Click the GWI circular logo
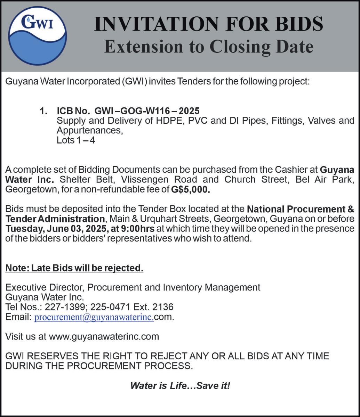(x=38, y=35)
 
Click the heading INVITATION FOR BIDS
(x=208, y=24)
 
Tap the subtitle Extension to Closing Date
(x=208, y=47)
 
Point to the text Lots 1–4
(x=76, y=140)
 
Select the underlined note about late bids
(x=74, y=268)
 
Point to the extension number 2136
(x=163, y=307)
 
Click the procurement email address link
(x=94, y=317)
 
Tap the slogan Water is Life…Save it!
(x=180, y=385)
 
